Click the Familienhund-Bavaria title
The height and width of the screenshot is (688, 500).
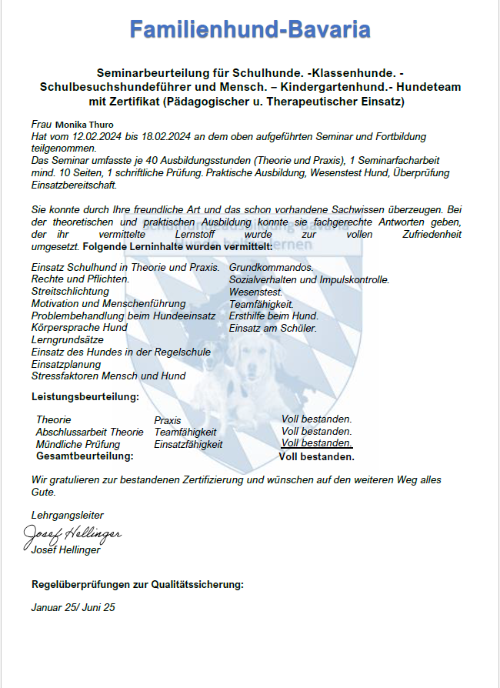pyautogui.click(x=250, y=30)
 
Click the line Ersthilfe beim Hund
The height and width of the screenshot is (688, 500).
pyautogui.click(x=274, y=316)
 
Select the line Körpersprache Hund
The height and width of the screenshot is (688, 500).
pyautogui.click(x=79, y=327)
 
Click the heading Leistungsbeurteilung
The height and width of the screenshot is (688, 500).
pyautogui.click(x=85, y=396)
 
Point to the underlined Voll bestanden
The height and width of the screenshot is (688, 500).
pyautogui.click(x=317, y=443)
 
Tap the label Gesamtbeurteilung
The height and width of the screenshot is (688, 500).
pyautogui.click(x=85, y=456)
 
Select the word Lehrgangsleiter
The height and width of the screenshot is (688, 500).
pyautogui.click(x=67, y=515)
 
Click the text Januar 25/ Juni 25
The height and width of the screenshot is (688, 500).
pyautogui.click(x=73, y=607)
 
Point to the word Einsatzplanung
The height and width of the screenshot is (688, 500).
pyautogui.click(x=66, y=364)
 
